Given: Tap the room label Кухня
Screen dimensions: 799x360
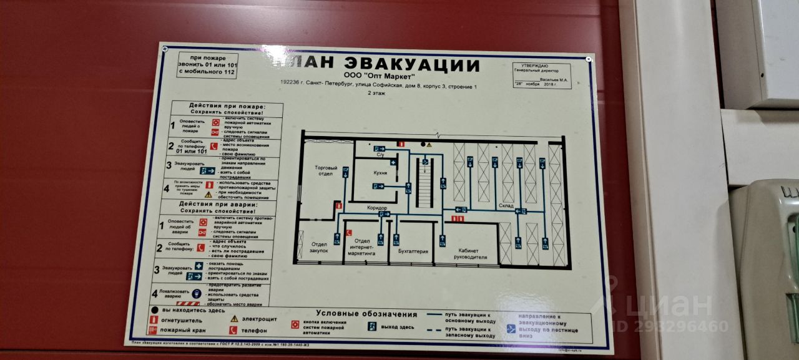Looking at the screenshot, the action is [x=381, y=172].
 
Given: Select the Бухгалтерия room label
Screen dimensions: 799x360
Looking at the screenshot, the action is [x=413, y=251].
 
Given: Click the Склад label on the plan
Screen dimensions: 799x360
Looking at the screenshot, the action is [x=506, y=205].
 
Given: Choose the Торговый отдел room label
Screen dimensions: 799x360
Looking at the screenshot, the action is [x=326, y=172].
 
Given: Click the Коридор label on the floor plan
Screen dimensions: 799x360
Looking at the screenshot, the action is [x=377, y=208].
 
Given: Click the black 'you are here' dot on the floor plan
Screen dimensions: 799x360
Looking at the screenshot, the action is [x=430, y=144].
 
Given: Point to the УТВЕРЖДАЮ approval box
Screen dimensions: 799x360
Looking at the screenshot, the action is [x=541, y=76].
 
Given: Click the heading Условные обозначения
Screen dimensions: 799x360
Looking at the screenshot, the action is [x=366, y=313].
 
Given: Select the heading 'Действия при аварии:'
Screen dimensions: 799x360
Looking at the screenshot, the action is [x=217, y=204].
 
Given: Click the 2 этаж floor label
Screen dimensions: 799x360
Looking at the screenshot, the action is [x=376, y=93].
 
